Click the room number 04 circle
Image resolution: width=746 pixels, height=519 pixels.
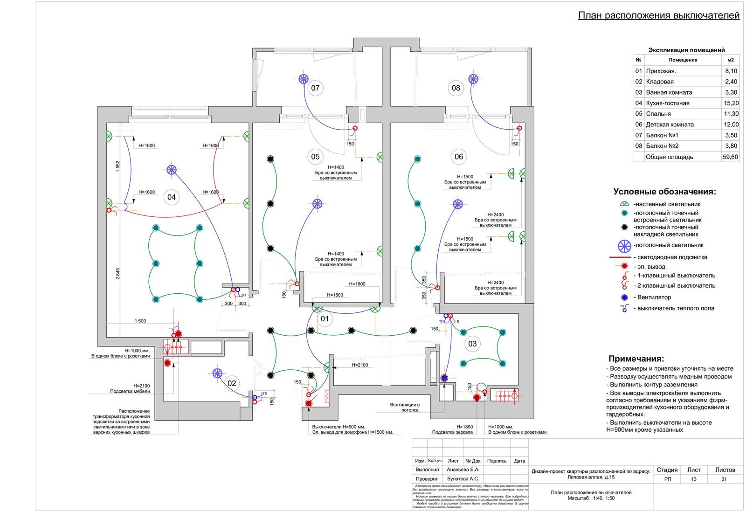[172, 197]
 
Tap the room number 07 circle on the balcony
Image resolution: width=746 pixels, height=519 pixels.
[315, 88]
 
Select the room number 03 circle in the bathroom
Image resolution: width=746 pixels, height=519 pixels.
[472, 344]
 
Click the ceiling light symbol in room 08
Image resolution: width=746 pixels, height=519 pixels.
[473, 79]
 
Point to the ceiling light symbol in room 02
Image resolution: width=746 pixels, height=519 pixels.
[217, 373]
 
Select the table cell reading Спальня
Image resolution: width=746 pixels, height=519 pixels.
[658, 114]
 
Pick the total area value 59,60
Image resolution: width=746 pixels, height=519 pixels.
[730, 157]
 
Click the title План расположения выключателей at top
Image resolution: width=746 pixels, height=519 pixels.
[658, 15]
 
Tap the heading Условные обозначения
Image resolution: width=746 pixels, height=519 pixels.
[664, 192]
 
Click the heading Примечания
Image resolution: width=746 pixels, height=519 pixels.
[636, 359]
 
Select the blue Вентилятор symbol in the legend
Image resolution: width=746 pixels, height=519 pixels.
[624, 298]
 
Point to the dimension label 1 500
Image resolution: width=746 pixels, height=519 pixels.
[140, 321]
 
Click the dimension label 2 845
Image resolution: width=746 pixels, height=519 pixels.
[118, 273]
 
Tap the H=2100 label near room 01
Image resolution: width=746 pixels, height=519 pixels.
[359, 365]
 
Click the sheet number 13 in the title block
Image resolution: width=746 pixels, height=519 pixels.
[694, 479]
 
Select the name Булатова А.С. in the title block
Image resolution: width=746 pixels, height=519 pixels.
[463, 479]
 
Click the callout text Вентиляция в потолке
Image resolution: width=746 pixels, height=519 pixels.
[405, 408]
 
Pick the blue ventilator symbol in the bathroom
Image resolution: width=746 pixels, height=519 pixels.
[444, 378]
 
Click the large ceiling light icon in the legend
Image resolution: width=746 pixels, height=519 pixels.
[624, 246]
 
